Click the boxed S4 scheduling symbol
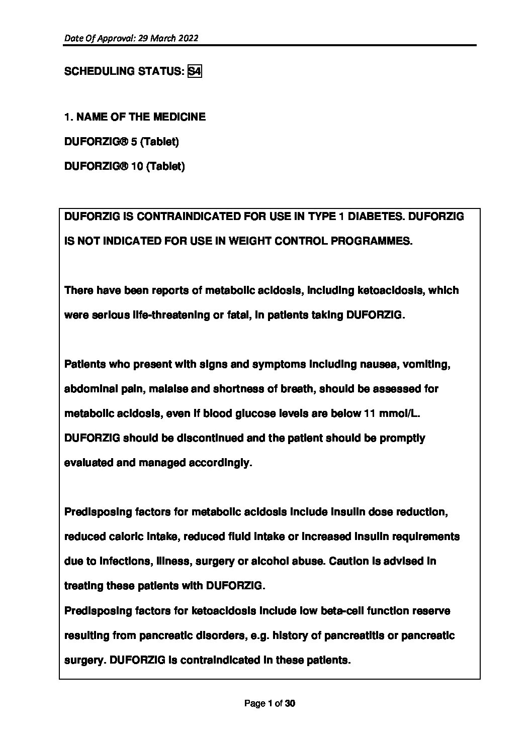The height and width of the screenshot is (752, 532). coord(194,71)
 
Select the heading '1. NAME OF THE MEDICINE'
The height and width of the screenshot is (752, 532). coord(135,117)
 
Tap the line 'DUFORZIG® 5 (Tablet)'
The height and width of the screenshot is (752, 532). coord(122,142)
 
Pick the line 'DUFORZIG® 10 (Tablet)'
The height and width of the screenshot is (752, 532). coord(125,166)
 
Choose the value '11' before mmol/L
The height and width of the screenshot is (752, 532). coord(369,413)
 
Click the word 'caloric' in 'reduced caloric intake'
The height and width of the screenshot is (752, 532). coord(126,536)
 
